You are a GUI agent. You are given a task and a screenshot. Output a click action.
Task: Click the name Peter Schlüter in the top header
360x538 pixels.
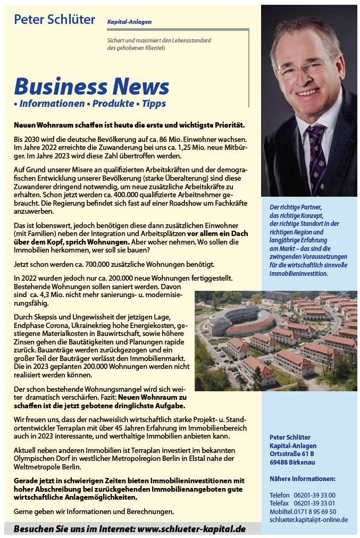(x=54, y=20)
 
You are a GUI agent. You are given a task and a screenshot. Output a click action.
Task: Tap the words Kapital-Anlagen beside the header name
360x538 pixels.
(x=129, y=22)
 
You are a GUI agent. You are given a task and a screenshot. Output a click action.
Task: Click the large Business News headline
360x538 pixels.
(x=91, y=86)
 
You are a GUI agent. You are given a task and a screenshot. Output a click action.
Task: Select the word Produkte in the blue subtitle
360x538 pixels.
(x=113, y=104)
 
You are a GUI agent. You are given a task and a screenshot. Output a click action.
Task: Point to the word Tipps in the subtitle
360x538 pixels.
(x=154, y=104)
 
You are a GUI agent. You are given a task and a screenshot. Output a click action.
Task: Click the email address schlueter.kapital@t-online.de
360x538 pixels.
(x=308, y=519)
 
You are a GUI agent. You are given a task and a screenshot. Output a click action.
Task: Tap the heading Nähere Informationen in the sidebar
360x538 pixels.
(x=302, y=478)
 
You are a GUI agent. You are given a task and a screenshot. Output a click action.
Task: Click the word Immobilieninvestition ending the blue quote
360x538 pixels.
(x=298, y=274)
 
